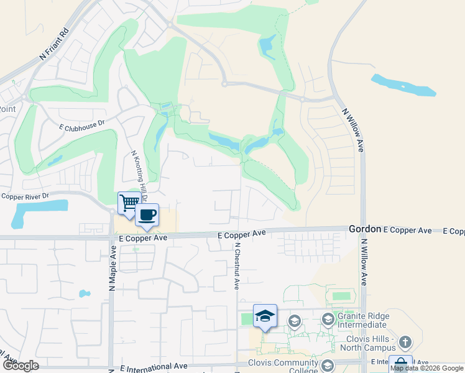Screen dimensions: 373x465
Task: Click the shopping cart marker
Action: [x=129, y=203]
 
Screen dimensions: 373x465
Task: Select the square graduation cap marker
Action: [x=265, y=316]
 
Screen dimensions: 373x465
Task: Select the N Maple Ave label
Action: [x=113, y=268]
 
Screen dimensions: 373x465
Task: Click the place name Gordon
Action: [x=364, y=229]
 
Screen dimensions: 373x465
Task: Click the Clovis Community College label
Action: [x=282, y=367]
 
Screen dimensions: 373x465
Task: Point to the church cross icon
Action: [x=405, y=342]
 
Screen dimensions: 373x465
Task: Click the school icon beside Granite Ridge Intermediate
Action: [x=328, y=320]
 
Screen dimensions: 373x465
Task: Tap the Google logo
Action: [x=21, y=366]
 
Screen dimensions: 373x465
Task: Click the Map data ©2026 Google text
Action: [x=426, y=368]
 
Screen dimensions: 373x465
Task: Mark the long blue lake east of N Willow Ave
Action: [x=403, y=85]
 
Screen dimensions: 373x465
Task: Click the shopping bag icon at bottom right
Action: [x=400, y=363]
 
